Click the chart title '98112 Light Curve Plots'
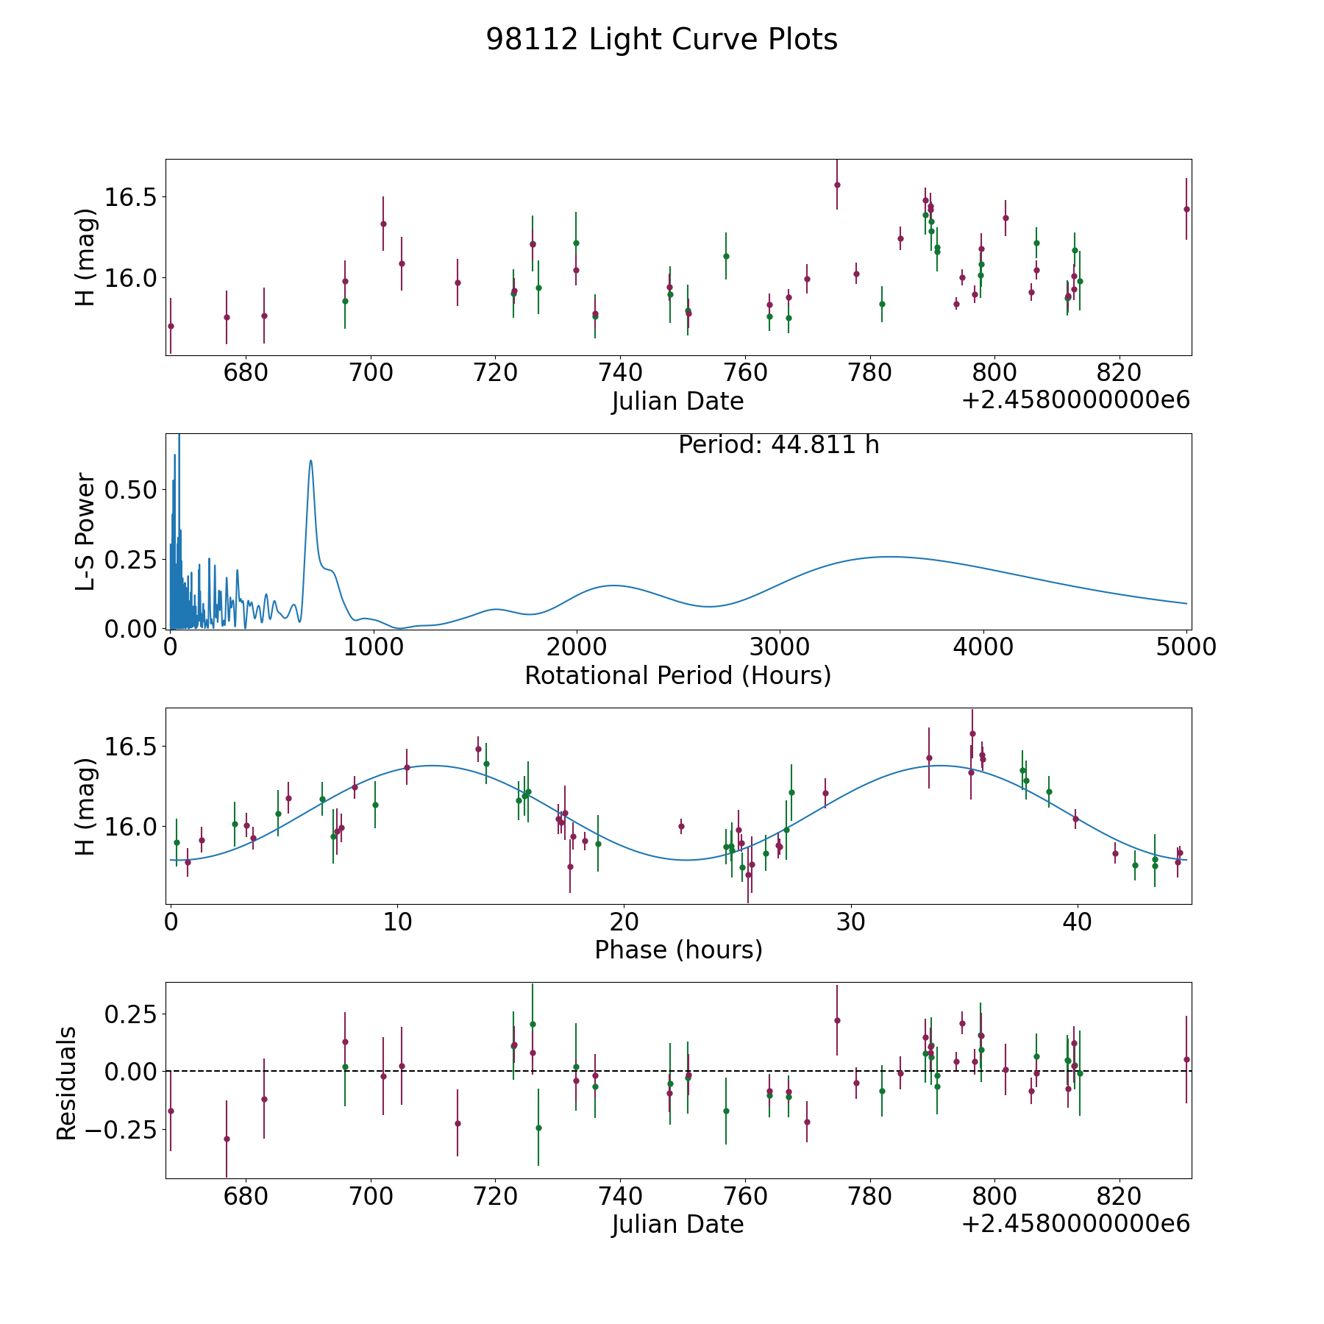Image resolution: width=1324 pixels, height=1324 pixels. click(661, 40)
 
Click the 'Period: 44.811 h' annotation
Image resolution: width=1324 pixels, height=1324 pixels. click(778, 445)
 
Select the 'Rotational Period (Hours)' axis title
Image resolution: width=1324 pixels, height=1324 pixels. click(677, 675)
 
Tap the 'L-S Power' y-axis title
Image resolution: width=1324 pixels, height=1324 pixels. click(86, 531)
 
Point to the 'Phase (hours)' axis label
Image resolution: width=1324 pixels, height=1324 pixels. click(677, 950)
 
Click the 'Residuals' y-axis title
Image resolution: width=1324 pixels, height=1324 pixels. click(66, 1083)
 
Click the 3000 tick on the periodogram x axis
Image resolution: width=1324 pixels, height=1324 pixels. click(780, 647)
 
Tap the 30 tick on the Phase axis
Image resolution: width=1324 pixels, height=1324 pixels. click(851, 922)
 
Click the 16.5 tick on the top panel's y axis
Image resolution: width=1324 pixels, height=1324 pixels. click(131, 197)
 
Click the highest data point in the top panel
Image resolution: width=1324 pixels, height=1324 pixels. click(837, 185)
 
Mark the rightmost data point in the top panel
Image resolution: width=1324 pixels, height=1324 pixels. click(1186, 209)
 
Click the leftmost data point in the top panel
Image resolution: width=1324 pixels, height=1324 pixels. click(171, 326)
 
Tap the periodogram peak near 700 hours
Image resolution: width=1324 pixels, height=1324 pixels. click(311, 461)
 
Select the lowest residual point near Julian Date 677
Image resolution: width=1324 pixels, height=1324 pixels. click(227, 1139)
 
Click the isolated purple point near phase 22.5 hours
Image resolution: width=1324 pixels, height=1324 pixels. click(681, 826)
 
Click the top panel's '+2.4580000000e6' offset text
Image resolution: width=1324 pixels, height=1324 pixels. click(1075, 401)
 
